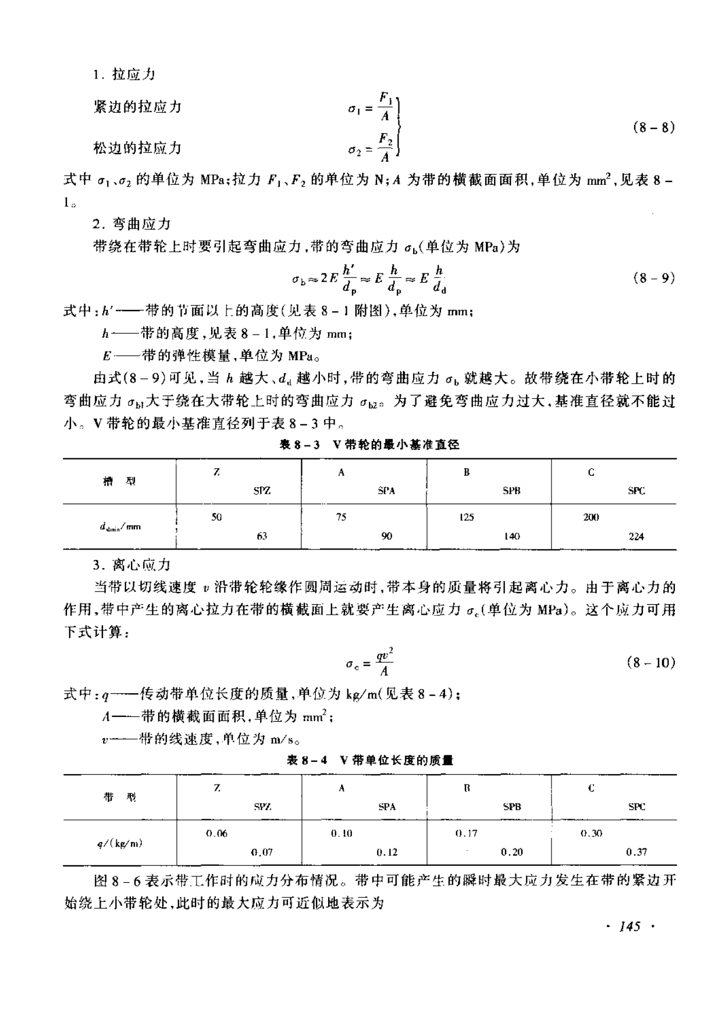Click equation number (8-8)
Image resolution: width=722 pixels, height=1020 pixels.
[653, 127]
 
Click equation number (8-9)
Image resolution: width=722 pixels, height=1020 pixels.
[653, 278]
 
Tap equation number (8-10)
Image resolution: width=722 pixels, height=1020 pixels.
[651, 662]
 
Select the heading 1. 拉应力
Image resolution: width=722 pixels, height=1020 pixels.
[124, 75]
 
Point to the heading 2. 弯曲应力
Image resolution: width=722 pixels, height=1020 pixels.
[131, 224]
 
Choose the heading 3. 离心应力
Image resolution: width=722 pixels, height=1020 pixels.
[131, 565]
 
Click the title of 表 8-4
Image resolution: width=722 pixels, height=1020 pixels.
[370, 760]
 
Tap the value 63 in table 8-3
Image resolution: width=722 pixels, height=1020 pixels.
[262, 536]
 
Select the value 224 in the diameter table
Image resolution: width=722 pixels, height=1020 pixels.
[636, 536]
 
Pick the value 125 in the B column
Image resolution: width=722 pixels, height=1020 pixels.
[467, 517]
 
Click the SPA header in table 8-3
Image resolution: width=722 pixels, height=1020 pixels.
[386, 491]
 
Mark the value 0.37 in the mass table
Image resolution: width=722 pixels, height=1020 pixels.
[636, 852]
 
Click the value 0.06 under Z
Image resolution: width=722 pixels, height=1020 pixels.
[217, 833]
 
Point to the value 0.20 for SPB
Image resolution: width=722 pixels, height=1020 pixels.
[512, 852]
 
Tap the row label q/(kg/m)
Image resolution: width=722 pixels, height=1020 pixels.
[120, 843]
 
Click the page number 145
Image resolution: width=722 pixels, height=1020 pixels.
[630, 926]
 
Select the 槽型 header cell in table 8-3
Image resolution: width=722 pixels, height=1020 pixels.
[119, 482]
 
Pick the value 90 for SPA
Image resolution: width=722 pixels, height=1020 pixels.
[387, 536]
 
